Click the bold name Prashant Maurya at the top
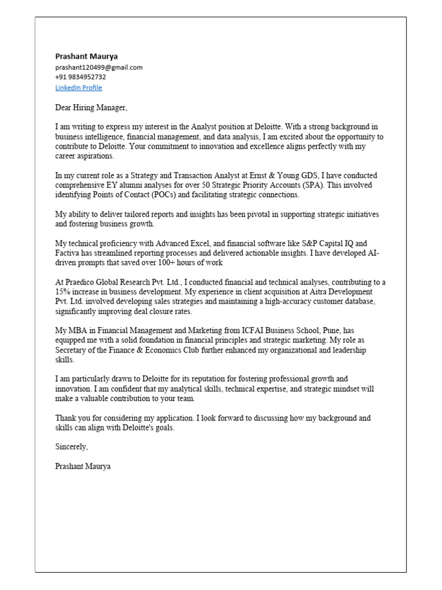[x=86, y=56]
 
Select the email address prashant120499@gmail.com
[x=98, y=67]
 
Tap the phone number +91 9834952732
[x=81, y=77]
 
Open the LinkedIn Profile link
[x=78, y=88]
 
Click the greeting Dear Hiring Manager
[x=91, y=108]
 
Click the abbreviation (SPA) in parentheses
[x=340, y=185]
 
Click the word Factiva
[x=68, y=253]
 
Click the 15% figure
[x=63, y=292]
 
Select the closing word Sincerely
[x=72, y=447]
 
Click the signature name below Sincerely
[x=83, y=466]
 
